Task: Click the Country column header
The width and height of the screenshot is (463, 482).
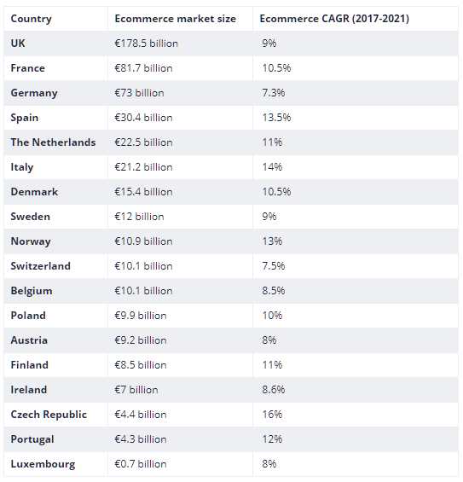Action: tap(31, 19)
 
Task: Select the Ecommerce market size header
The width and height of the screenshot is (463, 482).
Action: tap(175, 19)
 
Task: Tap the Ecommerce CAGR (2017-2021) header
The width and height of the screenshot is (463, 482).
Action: tap(334, 19)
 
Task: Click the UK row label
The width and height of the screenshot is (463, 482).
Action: tap(18, 44)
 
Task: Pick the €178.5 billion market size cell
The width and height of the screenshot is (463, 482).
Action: tap(147, 44)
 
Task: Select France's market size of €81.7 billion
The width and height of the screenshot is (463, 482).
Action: tap(143, 68)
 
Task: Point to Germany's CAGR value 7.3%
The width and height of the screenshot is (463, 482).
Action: tap(274, 93)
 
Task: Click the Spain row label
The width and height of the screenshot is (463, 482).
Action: tap(25, 118)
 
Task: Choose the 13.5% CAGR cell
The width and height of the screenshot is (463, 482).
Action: tap(276, 118)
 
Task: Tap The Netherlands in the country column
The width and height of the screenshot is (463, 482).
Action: tap(53, 142)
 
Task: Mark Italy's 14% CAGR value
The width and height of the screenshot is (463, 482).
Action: tap(272, 167)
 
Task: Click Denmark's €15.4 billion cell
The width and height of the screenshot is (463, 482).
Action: tap(143, 192)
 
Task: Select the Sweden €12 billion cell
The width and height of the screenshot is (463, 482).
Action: tap(139, 217)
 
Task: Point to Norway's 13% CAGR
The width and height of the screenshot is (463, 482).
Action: tap(272, 241)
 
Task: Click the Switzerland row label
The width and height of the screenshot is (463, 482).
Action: tap(41, 266)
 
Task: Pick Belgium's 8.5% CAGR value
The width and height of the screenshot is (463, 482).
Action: tap(274, 291)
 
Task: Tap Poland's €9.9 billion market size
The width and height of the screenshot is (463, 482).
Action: tap(141, 316)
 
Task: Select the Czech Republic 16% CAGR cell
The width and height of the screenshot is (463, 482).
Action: tap(272, 415)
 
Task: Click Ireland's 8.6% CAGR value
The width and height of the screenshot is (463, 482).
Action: tap(274, 390)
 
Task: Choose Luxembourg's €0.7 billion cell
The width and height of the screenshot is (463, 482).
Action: tap(141, 464)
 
